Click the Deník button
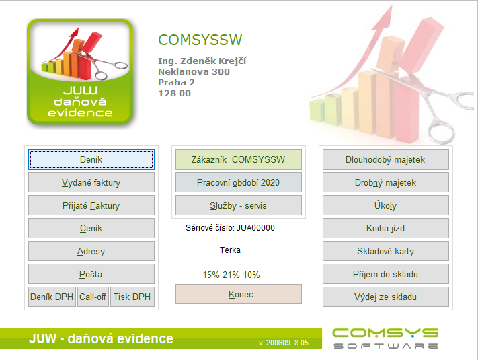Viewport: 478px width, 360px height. point(91,159)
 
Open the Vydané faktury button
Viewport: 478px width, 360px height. point(91,182)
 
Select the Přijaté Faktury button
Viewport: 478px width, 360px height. point(91,205)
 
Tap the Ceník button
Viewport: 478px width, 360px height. point(91,228)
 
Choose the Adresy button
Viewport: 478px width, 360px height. point(91,251)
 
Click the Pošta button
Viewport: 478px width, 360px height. point(91,274)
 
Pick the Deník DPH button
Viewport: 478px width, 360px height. point(52,297)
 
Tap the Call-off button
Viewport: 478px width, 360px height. point(93,297)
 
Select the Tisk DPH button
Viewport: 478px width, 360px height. point(132,297)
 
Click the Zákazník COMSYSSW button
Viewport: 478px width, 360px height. point(239,159)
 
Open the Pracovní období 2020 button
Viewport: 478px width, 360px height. point(239,182)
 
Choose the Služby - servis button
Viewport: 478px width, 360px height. point(239,205)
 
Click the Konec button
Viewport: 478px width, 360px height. point(239,294)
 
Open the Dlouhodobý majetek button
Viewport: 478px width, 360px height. point(386,159)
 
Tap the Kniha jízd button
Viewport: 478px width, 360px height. point(386,228)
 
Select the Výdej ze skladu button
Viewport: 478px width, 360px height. point(386,297)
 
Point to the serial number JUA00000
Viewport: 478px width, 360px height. point(255,228)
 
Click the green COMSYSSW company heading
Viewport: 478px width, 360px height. point(200,40)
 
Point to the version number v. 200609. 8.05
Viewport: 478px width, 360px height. point(284,343)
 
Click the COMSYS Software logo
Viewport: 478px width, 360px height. point(385,338)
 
